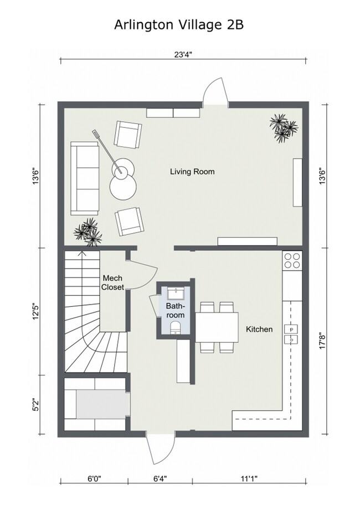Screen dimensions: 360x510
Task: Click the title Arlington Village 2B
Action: coord(179,25)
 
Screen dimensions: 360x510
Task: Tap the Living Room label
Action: coord(192,172)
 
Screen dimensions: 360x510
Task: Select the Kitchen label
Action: coord(259,329)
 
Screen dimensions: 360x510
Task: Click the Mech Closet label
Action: coord(112,282)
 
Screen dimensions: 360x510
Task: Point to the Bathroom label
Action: coord(176,310)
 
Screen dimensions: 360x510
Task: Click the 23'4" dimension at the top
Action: coord(183,54)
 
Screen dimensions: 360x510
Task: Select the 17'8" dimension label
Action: coord(322,341)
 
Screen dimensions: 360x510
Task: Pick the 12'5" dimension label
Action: coord(36,312)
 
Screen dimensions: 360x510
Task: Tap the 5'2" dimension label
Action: coord(36,405)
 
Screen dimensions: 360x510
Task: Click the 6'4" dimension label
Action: coord(160,478)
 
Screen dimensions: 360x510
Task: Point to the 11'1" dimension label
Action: coord(249,478)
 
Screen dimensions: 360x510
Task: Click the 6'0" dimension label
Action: coord(94,478)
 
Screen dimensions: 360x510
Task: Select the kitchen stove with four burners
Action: coord(292,260)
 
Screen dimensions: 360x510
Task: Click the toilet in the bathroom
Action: coord(176,327)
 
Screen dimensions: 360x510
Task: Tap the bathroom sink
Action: coord(176,293)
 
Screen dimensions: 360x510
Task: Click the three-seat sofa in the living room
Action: coord(85,178)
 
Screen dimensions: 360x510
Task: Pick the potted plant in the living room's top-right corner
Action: coord(283,128)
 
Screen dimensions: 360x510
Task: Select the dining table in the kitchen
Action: coord(217,327)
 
